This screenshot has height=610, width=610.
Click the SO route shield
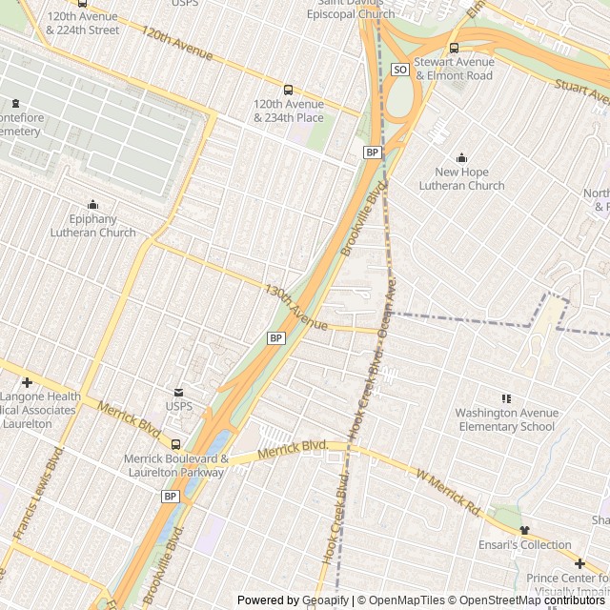400,70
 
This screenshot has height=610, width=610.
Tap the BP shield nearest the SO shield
372,152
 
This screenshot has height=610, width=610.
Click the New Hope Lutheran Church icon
462,158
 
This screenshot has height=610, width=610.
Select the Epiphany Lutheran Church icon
93,204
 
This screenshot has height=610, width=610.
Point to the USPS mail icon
177,392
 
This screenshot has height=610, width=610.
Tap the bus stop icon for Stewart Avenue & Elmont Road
454,49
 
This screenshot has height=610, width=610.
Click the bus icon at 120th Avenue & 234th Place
289,91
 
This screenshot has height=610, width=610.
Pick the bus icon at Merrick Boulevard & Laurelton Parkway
175,444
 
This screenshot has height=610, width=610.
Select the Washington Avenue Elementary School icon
505,398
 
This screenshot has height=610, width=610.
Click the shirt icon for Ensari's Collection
523,530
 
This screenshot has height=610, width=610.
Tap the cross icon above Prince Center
579,563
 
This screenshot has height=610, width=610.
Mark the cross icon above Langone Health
27,382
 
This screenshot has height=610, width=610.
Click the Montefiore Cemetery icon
14,104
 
